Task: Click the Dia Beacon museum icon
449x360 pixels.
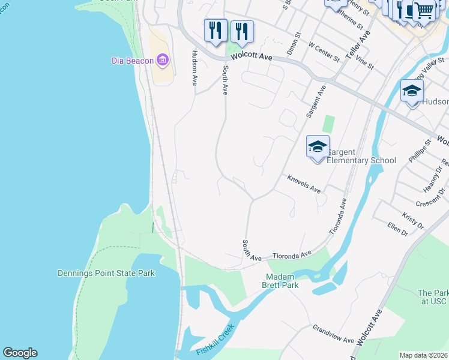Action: (162, 60)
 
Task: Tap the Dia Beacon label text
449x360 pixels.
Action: (132, 61)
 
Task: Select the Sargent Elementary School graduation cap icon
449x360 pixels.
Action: (318, 146)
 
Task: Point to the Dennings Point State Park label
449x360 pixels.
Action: (106, 274)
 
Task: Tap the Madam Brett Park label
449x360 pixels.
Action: (283, 281)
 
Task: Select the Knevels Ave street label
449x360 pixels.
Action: (304, 184)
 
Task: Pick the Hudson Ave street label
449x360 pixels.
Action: (194, 67)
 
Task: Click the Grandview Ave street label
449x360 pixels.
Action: (333, 334)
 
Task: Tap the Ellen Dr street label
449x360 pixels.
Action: (397, 229)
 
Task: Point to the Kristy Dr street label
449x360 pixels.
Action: (414, 220)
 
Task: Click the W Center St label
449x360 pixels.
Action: (324, 52)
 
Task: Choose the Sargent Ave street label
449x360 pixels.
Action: (316, 101)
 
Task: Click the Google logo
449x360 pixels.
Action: (20, 353)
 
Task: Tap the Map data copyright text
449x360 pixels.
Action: (423, 355)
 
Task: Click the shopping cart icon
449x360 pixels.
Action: (424, 10)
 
